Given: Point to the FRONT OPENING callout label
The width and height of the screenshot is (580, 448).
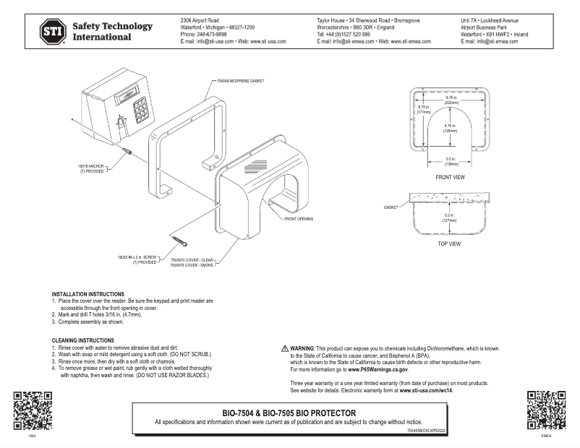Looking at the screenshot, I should click(x=298, y=217).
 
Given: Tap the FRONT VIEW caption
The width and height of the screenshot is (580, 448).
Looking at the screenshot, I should click(x=449, y=176).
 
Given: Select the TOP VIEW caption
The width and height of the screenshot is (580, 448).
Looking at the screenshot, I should click(x=449, y=244).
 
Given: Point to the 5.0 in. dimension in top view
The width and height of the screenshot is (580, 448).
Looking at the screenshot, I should click(x=451, y=217).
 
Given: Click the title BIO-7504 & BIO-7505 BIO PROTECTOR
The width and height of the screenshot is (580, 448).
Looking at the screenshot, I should click(x=289, y=413).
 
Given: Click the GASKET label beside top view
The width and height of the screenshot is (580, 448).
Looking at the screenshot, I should click(x=391, y=207).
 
